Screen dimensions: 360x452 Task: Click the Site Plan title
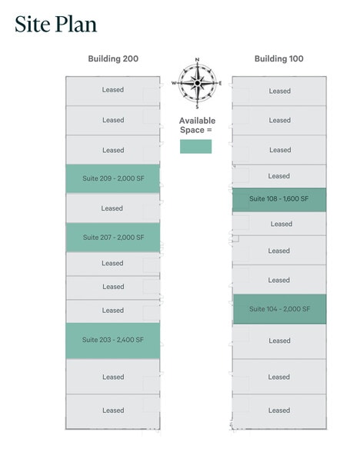point(55,25)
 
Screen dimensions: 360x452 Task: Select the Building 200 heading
point(113,58)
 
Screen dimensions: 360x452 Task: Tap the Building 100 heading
point(279,58)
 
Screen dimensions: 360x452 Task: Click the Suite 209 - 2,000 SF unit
point(113,178)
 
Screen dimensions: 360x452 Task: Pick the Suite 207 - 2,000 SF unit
point(113,238)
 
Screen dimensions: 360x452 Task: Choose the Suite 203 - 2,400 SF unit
point(113,341)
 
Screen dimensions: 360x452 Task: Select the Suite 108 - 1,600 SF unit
point(279,200)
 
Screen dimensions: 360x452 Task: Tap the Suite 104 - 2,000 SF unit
point(279,309)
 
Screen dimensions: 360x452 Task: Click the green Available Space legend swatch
point(195,146)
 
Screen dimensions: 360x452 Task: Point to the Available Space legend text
point(197,125)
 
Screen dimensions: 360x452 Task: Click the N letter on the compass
point(197,60)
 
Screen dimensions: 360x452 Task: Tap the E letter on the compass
point(220,83)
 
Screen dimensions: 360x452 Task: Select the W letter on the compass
point(174,83)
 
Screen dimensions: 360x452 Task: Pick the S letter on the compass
point(197,107)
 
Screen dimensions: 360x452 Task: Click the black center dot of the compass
point(197,83)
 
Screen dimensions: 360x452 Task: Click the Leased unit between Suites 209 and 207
point(113,208)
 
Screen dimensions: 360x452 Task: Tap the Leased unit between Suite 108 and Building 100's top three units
point(279,176)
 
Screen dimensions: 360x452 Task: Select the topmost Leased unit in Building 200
point(113,91)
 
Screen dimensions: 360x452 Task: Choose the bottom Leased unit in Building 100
point(279,411)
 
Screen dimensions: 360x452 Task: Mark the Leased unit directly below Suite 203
point(113,377)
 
